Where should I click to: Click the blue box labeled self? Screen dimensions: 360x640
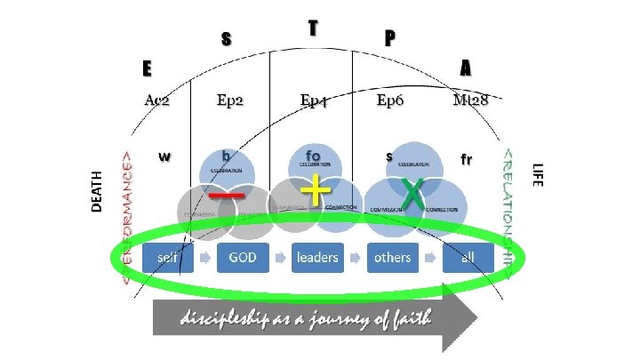166,258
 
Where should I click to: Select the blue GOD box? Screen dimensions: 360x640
243,258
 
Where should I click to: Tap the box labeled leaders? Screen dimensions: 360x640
317,258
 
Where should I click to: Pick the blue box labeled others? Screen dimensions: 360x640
392,258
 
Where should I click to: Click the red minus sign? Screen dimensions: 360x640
227,195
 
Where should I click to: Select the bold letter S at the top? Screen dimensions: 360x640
226,39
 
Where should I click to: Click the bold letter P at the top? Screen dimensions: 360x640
389,38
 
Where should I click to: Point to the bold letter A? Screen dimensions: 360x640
466,68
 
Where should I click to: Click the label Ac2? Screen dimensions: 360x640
156,100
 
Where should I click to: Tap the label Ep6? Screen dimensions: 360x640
390,100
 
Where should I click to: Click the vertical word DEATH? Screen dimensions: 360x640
98,191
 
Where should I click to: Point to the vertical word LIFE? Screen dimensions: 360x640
537,174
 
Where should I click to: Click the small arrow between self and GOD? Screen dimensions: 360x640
204,259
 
